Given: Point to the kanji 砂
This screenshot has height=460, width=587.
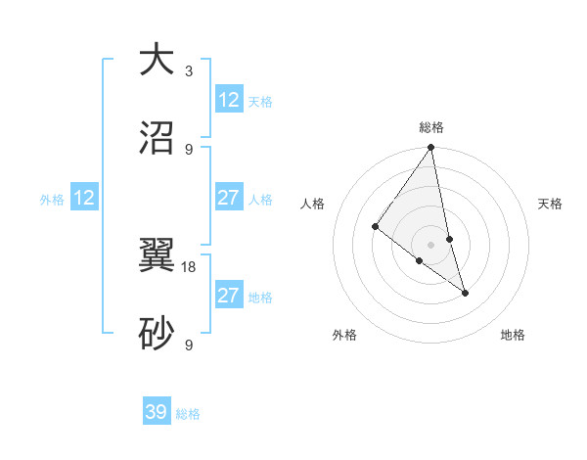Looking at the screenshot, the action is click(156, 333).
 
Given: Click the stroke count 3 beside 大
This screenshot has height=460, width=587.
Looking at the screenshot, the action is click(189, 71).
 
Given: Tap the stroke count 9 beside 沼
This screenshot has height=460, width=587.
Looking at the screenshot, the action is click(189, 150).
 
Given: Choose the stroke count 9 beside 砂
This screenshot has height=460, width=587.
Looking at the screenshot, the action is click(189, 345).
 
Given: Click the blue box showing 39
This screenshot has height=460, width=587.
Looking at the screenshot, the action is click(157, 412).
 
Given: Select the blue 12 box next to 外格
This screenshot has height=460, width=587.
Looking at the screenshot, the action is click(84, 199).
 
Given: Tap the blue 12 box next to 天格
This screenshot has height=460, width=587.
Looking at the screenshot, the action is click(229, 100).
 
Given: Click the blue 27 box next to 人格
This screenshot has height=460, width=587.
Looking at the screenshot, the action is click(229, 198).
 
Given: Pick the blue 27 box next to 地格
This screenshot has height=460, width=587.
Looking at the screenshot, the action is click(229, 296).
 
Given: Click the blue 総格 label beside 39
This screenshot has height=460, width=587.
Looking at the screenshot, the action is click(189, 414).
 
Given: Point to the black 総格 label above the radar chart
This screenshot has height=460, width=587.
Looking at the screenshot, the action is click(431, 127).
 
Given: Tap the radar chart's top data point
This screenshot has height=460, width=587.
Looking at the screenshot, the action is click(430, 149).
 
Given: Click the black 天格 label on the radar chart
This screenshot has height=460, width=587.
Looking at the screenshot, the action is click(551, 204).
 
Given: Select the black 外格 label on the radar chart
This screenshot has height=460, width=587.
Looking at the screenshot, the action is click(344, 335).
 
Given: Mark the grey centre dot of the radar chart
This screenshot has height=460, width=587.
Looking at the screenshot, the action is click(430, 244).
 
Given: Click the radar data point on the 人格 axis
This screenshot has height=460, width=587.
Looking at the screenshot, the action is click(375, 227).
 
